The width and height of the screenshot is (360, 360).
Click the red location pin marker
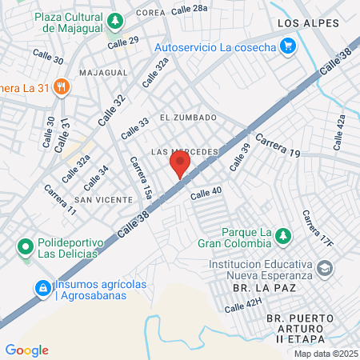coord(180,166)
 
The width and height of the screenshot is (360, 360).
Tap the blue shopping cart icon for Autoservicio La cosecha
coord(289,46)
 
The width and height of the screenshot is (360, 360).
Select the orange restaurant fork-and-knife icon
coord(60,86)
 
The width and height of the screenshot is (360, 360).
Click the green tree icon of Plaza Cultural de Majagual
coord(117,20)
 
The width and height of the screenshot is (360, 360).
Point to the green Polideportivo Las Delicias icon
coord(25,244)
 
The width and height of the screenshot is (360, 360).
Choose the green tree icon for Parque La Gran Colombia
coord(282,236)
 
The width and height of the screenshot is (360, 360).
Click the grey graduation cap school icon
coord(325,268)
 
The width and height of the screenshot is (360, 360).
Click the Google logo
coord(26,350)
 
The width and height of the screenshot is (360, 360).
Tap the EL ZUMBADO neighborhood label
coord(188,118)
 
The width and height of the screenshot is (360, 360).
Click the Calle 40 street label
coord(206,193)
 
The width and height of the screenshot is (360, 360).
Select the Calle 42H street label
coord(243,305)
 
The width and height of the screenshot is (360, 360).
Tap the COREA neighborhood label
coord(150,13)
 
